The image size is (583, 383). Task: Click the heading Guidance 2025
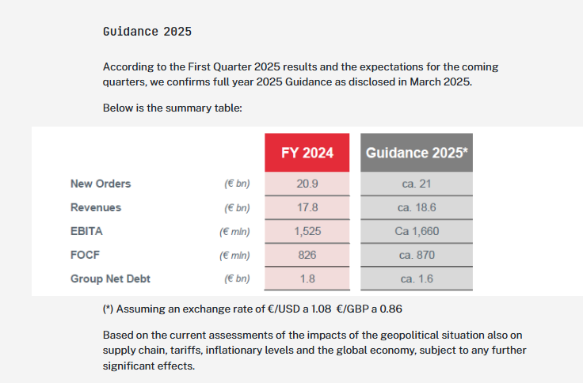pyautogui.click(x=147, y=32)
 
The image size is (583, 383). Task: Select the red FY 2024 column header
pyautogui.click(x=307, y=152)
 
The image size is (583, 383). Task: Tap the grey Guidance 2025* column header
pyautogui.click(x=417, y=152)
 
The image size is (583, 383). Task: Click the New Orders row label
pyautogui.click(x=101, y=184)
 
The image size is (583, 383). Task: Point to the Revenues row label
pyautogui.click(x=96, y=207)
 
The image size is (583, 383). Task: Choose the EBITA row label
pyautogui.click(x=86, y=231)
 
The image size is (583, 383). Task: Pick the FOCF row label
pyautogui.click(x=85, y=255)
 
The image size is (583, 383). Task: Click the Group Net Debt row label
pyautogui.click(x=110, y=279)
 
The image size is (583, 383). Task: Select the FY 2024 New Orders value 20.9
pyautogui.click(x=307, y=184)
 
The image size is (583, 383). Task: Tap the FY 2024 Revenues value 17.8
pyautogui.click(x=307, y=207)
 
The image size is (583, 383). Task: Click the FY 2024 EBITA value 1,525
pyautogui.click(x=307, y=231)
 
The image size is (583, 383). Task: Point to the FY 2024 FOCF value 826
pyautogui.click(x=307, y=255)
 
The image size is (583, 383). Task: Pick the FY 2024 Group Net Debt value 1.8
pyautogui.click(x=307, y=279)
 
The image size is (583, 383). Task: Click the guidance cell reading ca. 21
pyautogui.click(x=417, y=184)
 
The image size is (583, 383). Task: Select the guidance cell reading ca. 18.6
pyautogui.click(x=417, y=207)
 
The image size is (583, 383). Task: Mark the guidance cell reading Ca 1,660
pyautogui.click(x=417, y=231)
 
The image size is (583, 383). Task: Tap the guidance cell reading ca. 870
pyautogui.click(x=417, y=255)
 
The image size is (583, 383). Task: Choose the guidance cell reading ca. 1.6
pyautogui.click(x=417, y=279)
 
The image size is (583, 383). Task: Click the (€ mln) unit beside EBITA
pyautogui.click(x=234, y=231)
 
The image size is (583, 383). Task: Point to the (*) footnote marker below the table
pyautogui.click(x=110, y=308)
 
